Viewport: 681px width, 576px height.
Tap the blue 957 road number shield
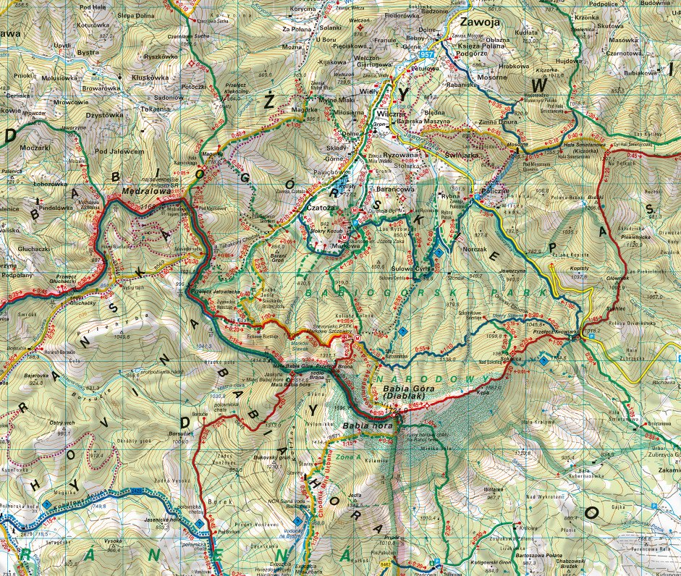pyautogui.click(x=426, y=55)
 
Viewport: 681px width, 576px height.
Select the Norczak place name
pyautogui.click(x=475, y=248)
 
